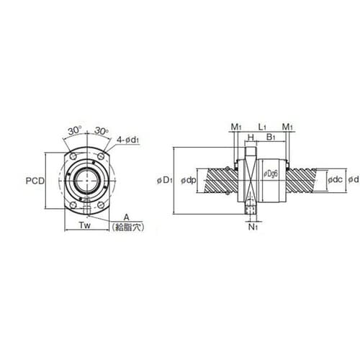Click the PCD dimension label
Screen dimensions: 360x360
click(35, 181)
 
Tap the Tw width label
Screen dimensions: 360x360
click(85, 225)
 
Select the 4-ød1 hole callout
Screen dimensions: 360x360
click(128, 140)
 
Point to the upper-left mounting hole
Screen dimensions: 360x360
click(73, 156)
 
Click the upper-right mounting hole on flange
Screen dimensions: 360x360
click(101, 156)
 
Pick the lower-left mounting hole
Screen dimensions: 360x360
click(73, 205)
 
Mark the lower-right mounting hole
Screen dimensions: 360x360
click(101, 205)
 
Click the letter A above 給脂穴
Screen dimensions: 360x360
click(126, 217)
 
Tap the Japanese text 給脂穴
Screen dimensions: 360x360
click(128, 227)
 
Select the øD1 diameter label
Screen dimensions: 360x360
click(165, 181)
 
